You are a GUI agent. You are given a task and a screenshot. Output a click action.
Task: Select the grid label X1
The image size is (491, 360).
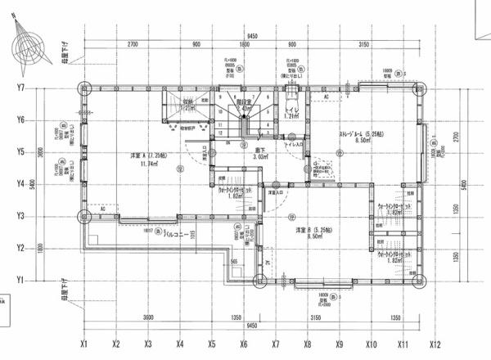pyautogui.click(x=84, y=344)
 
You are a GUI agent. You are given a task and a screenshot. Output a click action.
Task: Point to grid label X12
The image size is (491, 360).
pyautogui.click(x=435, y=344)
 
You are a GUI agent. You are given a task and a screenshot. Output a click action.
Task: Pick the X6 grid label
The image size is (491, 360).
pyautogui.click(x=244, y=344)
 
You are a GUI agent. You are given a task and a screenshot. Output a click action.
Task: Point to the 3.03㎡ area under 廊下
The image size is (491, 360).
pyautogui.click(x=260, y=156)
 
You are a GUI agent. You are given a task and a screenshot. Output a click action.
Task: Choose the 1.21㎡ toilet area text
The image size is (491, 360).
pyautogui.click(x=292, y=117)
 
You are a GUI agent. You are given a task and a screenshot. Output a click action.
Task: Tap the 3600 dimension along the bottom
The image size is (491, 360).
pyautogui.click(x=148, y=317)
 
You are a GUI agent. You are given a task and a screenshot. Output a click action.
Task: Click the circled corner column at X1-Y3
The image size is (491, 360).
pyautogui.click(x=84, y=217)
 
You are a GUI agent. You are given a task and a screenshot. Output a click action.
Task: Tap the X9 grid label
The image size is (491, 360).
pyautogui.click(x=340, y=344)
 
